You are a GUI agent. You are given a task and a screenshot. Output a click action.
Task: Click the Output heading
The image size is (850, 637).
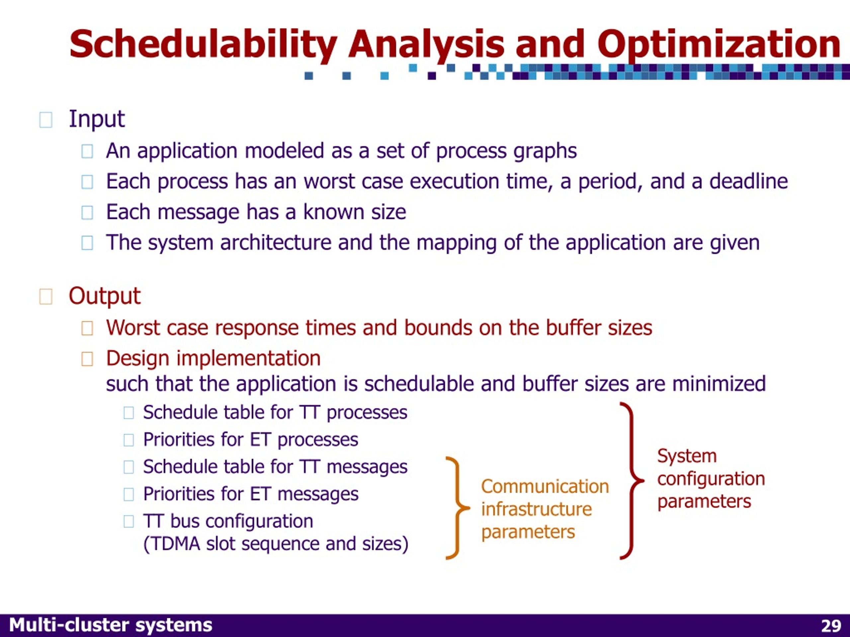(x=105, y=296)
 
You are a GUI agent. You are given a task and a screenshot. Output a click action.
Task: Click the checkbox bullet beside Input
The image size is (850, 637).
(x=46, y=120)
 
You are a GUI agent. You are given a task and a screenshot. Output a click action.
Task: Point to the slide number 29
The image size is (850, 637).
(x=831, y=626)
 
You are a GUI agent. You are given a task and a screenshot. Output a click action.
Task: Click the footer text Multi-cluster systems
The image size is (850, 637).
(x=111, y=625)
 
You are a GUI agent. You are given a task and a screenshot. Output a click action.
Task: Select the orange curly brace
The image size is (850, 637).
(x=457, y=508)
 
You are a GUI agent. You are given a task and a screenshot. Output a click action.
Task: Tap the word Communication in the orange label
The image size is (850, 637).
(x=545, y=486)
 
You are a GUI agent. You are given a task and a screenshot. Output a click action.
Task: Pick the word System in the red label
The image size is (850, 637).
(x=687, y=456)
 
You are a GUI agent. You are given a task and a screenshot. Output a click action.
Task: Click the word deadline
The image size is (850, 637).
(x=748, y=181)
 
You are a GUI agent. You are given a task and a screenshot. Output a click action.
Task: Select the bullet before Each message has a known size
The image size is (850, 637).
(x=87, y=212)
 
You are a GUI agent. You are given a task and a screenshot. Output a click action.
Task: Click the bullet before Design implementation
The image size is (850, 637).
(x=87, y=359)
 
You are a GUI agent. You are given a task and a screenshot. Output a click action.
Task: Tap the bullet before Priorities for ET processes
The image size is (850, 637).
(x=129, y=440)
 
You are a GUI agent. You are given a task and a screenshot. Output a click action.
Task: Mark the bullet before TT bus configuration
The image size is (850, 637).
(x=129, y=522)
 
